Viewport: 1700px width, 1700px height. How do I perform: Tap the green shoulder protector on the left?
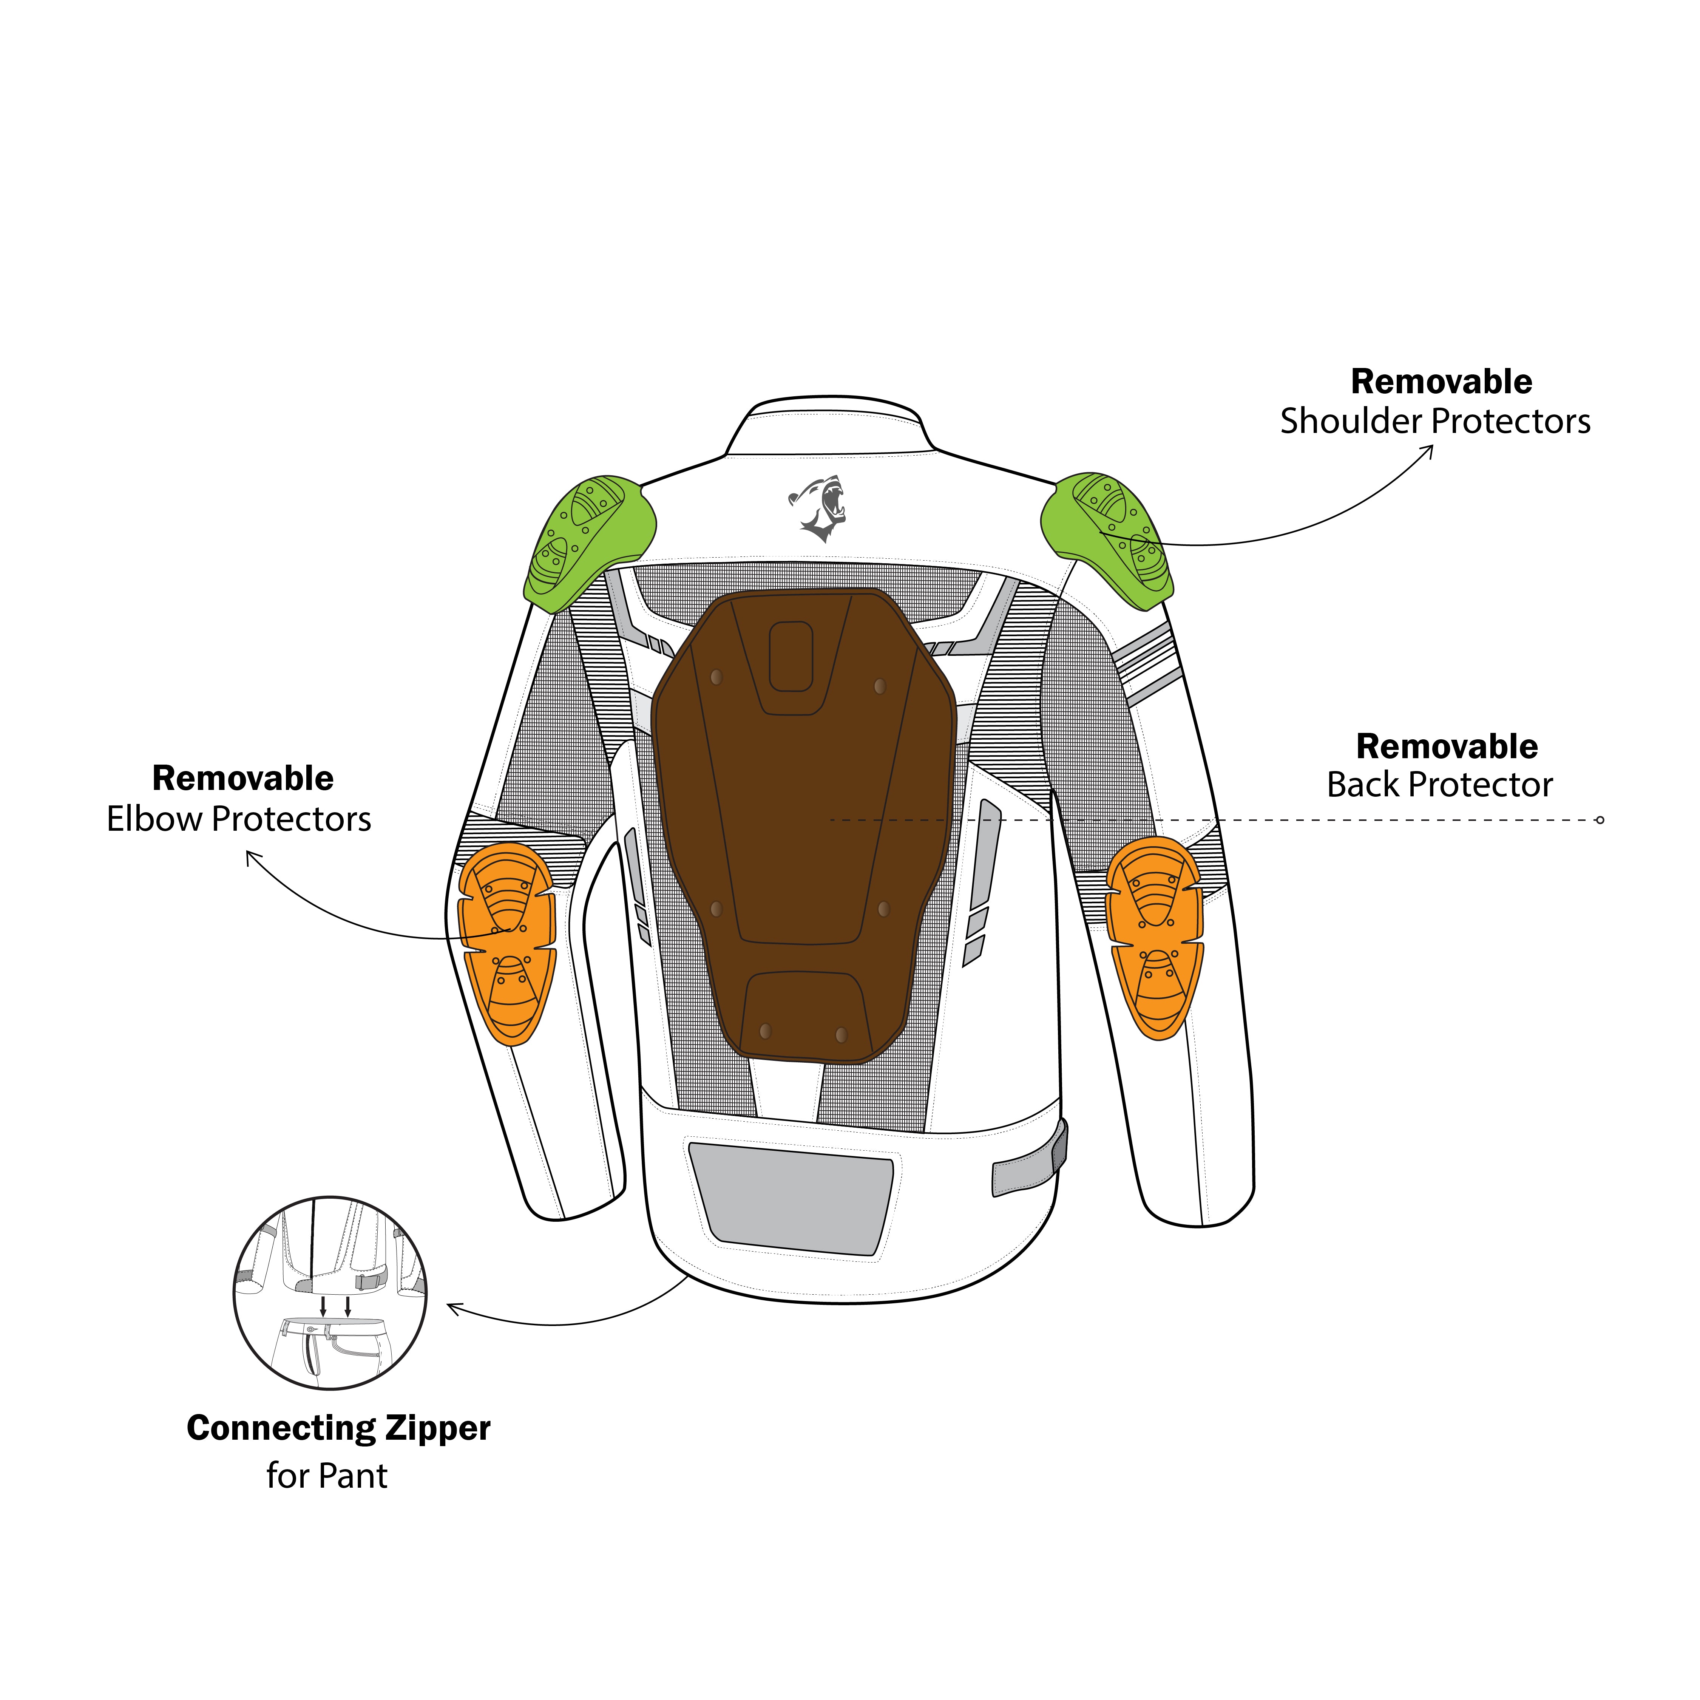pyautogui.click(x=588, y=543)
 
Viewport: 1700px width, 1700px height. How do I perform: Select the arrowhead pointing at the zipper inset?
pyautogui.click(x=452, y=1309)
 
